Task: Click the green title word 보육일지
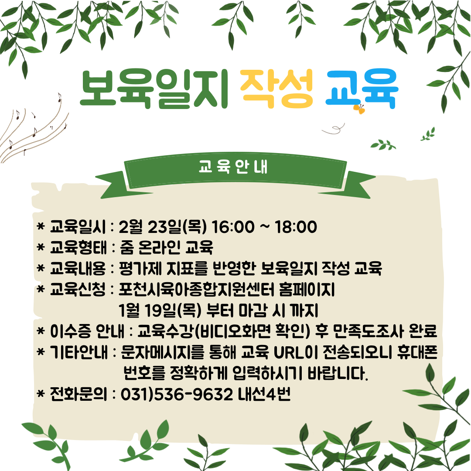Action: coord(154,89)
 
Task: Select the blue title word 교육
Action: coord(362,89)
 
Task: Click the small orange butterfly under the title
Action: coord(359,109)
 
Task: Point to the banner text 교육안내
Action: coord(233,167)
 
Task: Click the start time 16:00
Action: coord(233,227)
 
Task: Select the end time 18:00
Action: coord(296,227)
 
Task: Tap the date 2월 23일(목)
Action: coord(163,227)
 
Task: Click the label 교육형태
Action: coord(78,248)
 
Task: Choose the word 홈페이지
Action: coord(307,289)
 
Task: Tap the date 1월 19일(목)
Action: coord(160,311)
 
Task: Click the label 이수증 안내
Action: coord(87,331)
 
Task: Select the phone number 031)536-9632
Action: coord(177,394)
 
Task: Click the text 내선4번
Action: coord(264,394)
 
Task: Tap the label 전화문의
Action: coord(78,394)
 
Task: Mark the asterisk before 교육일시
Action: coord(41,226)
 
